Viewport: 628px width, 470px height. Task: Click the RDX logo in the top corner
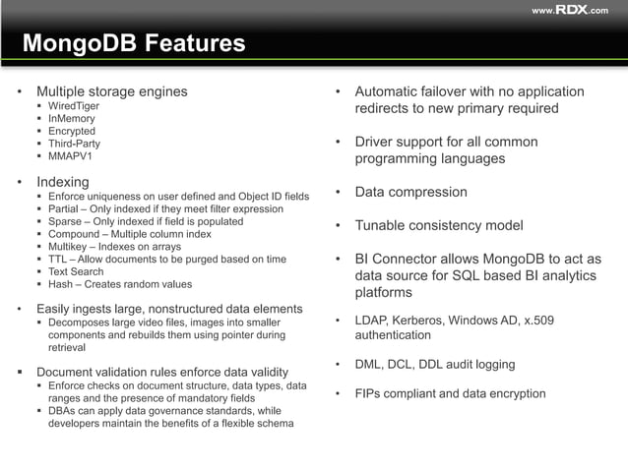pyautogui.click(x=571, y=10)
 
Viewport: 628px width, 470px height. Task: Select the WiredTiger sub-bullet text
pyautogui.click(x=75, y=105)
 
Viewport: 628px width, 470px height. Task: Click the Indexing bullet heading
pyautogui.click(x=63, y=182)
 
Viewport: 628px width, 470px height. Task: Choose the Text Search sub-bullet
pyautogui.click(x=76, y=272)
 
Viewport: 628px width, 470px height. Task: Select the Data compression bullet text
pyautogui.click(x=411, y=192)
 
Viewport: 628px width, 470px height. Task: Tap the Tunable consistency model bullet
pyautogui.click(x=439, y=225)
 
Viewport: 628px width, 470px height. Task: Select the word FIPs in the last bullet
pyautogui.click(x=371, y=393)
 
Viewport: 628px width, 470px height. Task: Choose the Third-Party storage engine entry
pyautogui.click(x=75, y=144)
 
